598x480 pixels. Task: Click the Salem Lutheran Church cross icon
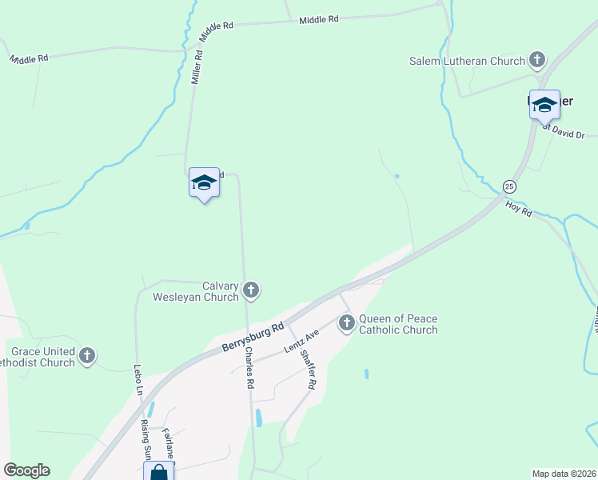coord(537,60)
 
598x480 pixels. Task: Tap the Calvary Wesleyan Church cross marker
coord(251,290)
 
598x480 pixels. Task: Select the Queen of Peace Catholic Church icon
coord(347,323)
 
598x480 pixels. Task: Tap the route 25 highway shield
coord(509,186)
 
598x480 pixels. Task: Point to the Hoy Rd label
coord(519,210)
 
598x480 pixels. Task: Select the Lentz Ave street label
coord(301,342)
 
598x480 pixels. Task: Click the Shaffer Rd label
coord(307,372)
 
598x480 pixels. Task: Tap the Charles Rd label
coord(249,368)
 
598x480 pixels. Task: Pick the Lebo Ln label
coord(137,381)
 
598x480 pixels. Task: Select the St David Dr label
coord(565,128)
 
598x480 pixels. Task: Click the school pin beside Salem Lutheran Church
coord(544,106)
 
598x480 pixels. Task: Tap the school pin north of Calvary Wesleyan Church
coord(204,183)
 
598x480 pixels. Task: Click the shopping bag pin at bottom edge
coord(159,472)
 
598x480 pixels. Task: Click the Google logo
coord(26,470)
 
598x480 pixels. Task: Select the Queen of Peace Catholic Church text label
coord(398,324)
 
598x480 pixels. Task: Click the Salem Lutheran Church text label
coord(467,60)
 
